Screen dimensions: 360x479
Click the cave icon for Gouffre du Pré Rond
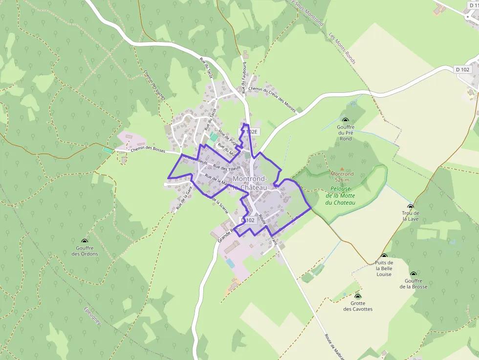[x=346, y=120]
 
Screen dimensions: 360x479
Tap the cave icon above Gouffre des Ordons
[x=85, y=241]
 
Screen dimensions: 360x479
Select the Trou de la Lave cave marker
[x=411, y=207]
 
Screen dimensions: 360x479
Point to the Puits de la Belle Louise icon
[x=384, y=256]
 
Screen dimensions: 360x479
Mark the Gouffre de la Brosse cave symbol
[x=414, y=275]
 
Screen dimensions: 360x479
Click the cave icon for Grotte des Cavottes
[x=358, y=296]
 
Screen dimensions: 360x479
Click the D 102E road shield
[x=249, y=132]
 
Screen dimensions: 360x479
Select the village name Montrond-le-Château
[x=250, y=183]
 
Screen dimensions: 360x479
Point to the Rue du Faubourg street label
[x=243, y=77]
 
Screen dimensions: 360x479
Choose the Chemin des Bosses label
[x=148, y=150]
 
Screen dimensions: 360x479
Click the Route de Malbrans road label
[x=334, y=347]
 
